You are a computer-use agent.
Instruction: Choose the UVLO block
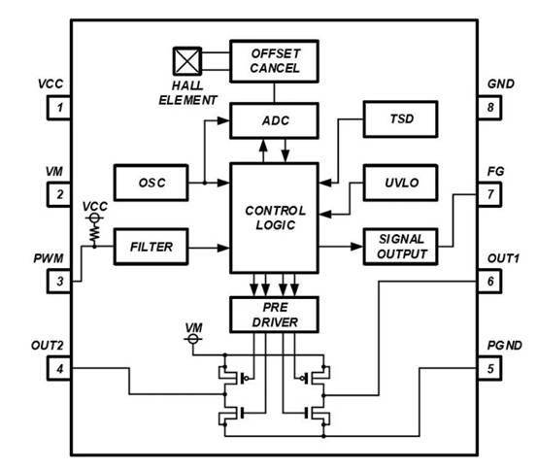coord(398,181)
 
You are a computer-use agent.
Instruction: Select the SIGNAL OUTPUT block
coord(399,246)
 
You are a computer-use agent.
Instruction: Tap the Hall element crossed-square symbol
coord(185,60)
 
